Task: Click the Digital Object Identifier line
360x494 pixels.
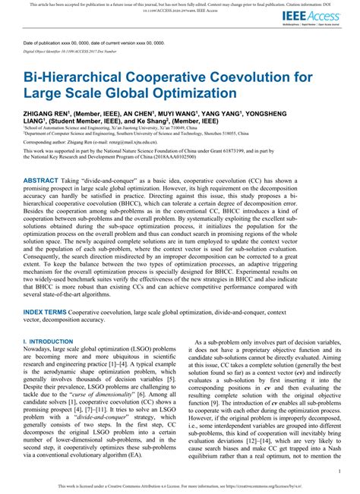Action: (76, 54)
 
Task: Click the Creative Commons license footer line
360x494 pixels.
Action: (180, 484)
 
